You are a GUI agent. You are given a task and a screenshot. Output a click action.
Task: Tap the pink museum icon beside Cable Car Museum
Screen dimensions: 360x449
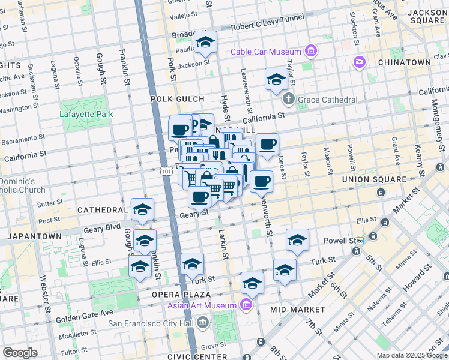[310, 52]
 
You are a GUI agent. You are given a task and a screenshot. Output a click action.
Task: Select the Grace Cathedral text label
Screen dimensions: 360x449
[327, 100]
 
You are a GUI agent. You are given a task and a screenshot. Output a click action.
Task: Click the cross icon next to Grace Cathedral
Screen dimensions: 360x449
[288, 99]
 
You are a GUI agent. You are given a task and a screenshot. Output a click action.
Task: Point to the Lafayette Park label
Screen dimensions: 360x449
[85, 114]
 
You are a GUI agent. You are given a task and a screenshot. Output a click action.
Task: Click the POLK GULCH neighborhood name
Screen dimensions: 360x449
[181, 99]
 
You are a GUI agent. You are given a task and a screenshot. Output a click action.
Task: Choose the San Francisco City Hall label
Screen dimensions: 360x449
[152, 323]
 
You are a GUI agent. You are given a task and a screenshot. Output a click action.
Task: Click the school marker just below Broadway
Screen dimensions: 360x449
[205, 43]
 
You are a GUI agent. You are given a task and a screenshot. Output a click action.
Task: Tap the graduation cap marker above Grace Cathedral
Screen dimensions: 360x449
[276, 79]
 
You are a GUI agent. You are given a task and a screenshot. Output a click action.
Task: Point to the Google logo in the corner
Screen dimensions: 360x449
[20, 353]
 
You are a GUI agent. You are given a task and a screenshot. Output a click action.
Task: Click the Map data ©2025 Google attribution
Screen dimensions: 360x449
[411, 355]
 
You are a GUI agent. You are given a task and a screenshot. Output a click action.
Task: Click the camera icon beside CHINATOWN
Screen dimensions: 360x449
[360, 62]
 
